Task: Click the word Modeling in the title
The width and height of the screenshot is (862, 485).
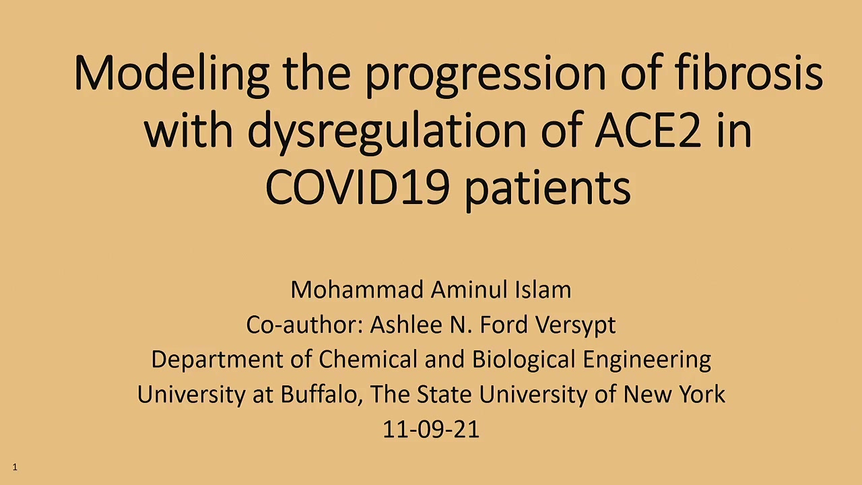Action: (171, 75)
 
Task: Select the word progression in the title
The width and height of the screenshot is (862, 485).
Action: (486, 75)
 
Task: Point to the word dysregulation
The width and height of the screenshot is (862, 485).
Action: (387, 133)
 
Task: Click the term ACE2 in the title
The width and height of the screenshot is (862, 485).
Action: (647, 130)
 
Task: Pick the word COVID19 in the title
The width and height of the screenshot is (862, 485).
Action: (358, 187)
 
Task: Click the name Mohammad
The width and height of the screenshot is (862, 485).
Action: (357, 290)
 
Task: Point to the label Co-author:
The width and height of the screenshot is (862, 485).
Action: (305, 325)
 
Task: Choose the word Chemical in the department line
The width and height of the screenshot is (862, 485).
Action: (368, 360)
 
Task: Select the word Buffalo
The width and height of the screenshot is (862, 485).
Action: (322, 395)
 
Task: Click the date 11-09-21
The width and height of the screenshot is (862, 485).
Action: (431, 430)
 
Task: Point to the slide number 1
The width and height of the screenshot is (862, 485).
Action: (15, 467)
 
